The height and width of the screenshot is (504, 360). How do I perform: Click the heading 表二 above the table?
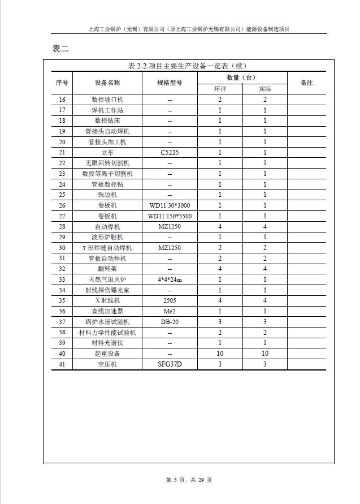pyautogui.click(x=60, y=49)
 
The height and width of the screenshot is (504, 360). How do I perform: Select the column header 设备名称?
pyautogui.click(x=107, y=83)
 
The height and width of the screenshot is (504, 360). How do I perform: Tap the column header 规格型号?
pyautogui.click(x=170, y=83)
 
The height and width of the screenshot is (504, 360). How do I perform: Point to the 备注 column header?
pyautogui.click(x=306, y=83)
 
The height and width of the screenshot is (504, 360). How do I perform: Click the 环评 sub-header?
pyautogui.click(x=220, y=89)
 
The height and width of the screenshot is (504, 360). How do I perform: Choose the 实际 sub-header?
pyautogui.click(x=264, y=89)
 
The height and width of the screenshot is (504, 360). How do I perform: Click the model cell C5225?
pyautogui.click(x=170, y=153)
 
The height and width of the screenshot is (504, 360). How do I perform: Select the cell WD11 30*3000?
pyautogui.click(x=170, y=205)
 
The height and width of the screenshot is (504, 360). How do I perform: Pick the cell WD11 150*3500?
pyautogui.click(x=170, y=216)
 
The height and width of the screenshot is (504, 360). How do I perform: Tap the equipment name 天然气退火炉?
pyautogui.click(x=107, y=279)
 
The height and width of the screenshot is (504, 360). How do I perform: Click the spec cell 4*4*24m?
pyautogui.click(x=170, y=279)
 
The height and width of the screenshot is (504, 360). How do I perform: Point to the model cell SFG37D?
pyautogui.click(x=170, y=364)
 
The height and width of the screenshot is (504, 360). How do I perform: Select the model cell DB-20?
pyautogui.click(x=170, y=322)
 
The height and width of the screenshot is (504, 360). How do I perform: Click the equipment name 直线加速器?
pyautogui.click(x=107, y=311)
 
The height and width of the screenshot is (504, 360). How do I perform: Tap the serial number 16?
pyautogui.click(x=62, y=100)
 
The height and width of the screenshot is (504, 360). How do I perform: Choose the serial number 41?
pyautogui.click(x=62, y=364)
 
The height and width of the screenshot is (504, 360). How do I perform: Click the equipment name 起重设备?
pyautogui.click(x=107, y=354)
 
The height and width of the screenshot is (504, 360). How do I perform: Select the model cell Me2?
pyautogui.click(x=170, y=311)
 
